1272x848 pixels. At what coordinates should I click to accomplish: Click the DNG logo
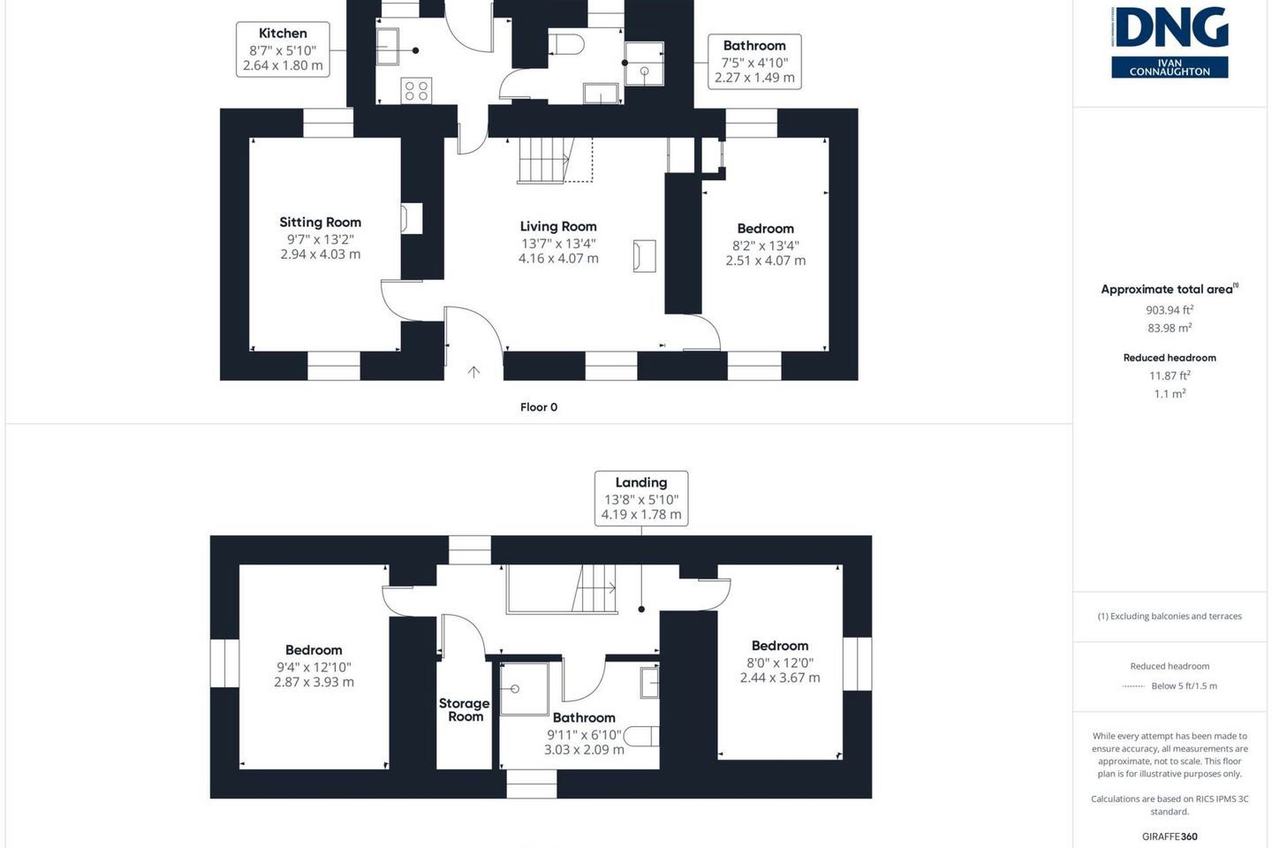(x=1170, y=42)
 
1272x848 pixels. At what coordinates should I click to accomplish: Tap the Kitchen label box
(x=283, y=49)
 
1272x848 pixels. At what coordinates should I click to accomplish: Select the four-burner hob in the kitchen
(x=416, y=91)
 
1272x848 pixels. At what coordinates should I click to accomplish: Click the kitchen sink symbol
(x=388, y=47)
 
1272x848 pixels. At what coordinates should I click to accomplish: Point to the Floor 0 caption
(x=539, y=407)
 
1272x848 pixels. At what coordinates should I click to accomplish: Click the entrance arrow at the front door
(x=473, y=372)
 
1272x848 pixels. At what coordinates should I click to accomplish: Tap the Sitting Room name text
(x=321, y=222)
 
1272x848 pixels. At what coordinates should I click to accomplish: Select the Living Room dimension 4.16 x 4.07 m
(x=558, y=259)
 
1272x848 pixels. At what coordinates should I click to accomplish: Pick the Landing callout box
(x=641, y=498)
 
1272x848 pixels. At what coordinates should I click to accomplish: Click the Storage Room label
(x=465, y=710)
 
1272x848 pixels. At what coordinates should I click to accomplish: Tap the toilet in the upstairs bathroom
(x=641, y=736)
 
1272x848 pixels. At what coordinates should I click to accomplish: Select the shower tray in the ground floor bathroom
(x=644, y=63)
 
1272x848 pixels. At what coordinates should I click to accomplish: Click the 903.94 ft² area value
(x=1170, y=309)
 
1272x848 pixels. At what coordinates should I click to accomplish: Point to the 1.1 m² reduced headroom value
(x=1170, y=393)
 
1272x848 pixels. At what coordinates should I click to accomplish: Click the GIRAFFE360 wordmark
(x=1170, y=836)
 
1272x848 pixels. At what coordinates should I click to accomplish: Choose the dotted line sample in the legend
(x=1132, y=686)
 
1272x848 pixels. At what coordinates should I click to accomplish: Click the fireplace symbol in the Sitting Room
(x=412, y=218)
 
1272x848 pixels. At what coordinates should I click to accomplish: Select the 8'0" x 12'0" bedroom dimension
(x=780, y=662)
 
